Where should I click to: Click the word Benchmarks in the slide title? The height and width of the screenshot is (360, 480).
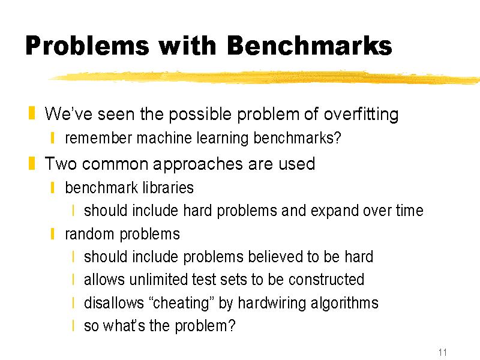pyautogui.click(x=310, y=46)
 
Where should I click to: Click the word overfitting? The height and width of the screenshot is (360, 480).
pyautogui.click(x=361, y=115)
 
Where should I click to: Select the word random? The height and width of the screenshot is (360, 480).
pyautogui.click(x=89, y=234)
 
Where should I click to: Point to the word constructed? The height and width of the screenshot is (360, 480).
pyautogui.click(x=326, y=280)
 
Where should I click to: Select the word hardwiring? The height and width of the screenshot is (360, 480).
pyautogui.click(x=272, y=303)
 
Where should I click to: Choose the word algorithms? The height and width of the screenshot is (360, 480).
pyautogui.click(x=344, y=304)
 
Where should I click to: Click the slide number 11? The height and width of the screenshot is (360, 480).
pyautogui.click(x=442, y=352)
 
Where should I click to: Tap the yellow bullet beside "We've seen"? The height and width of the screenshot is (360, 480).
pyautogui.click(x=32, y=113)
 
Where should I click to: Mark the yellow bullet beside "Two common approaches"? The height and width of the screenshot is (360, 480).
pyautogui.click(x=32, y=163)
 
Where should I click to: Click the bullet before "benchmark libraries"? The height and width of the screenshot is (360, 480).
pyautogui.click(x=53, y=187)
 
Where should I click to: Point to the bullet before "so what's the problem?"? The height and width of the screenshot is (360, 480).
pyautogui.click(x=73, y=325)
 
